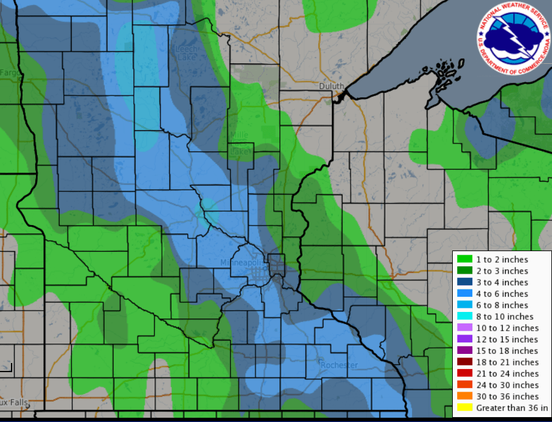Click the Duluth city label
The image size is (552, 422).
[332, 86]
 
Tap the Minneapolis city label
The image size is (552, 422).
[243, 262]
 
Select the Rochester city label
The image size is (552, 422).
[339, 365]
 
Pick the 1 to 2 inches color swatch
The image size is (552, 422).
[464, 260]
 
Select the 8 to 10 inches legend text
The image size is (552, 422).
[505, 316]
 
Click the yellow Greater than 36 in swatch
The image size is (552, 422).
[464, 407]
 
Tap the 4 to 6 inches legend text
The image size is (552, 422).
[502, 294]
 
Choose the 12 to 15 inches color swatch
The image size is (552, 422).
[464, 339]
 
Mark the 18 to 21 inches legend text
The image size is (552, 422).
[507, 362]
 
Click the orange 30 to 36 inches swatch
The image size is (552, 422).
[464, 396]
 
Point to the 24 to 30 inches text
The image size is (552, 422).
[507, 385]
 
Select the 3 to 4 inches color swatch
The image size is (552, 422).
[464, 282]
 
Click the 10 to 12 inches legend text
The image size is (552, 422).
[507, 328]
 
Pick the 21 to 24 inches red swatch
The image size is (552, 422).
[464, 373]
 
